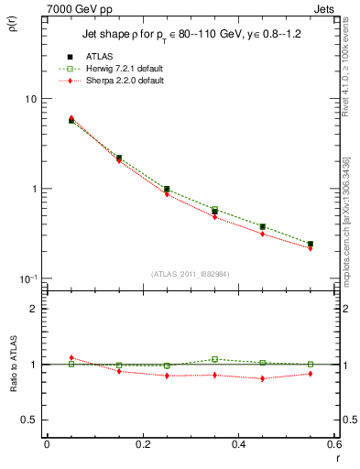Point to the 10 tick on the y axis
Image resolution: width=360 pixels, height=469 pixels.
(x=31, y=99)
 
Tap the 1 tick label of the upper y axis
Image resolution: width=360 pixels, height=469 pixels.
(x=35, y=189)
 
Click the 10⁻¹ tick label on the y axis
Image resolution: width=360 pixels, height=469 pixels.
(x=29, y=278)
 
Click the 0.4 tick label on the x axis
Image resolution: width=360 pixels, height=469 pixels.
(x=238, y=444)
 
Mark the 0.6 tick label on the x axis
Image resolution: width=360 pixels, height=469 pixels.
(x=333, y=444)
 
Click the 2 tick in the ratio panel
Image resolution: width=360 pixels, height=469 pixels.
(x=35, y=309)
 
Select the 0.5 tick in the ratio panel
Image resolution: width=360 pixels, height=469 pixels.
(x=30, y=420)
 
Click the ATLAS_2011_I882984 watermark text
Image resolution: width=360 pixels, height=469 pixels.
(x=190, y=274)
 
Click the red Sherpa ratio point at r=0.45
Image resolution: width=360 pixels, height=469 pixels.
(x=262, y=378)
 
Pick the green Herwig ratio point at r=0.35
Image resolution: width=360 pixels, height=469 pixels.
(x=214, y=359)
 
